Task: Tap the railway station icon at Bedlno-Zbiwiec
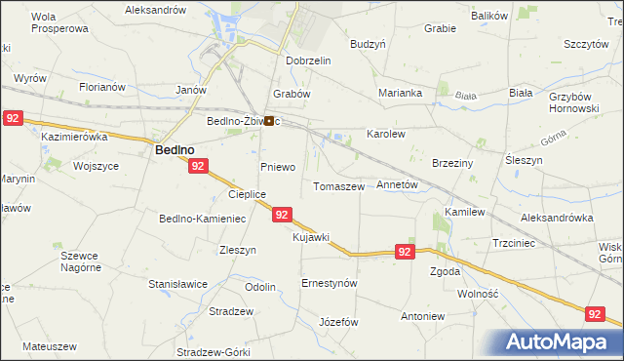point(268,121)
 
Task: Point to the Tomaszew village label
point(338,185)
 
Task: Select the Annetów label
point(397,183)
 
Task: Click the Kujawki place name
point(311,237)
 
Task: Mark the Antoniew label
point(423,317)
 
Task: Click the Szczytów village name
point(587,45)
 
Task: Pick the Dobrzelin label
point(309,60)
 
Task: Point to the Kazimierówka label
point(73,138)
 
